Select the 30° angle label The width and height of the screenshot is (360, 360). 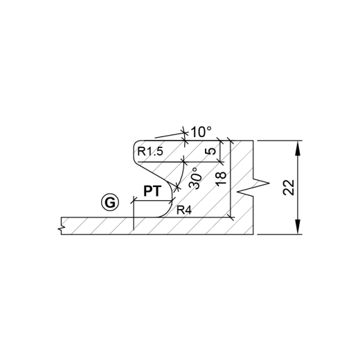click(x=195, y=179)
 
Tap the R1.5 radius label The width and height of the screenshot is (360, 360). click(x=150, y=152)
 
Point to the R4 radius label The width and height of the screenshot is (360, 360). click(x=184, y=210)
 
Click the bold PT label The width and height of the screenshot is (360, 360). click(x=152, y=191)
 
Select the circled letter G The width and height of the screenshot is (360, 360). click(x=110, y=202)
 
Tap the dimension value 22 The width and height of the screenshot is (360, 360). click(x=289, y=187)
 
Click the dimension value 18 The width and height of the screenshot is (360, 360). click(x=221, y=179)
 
